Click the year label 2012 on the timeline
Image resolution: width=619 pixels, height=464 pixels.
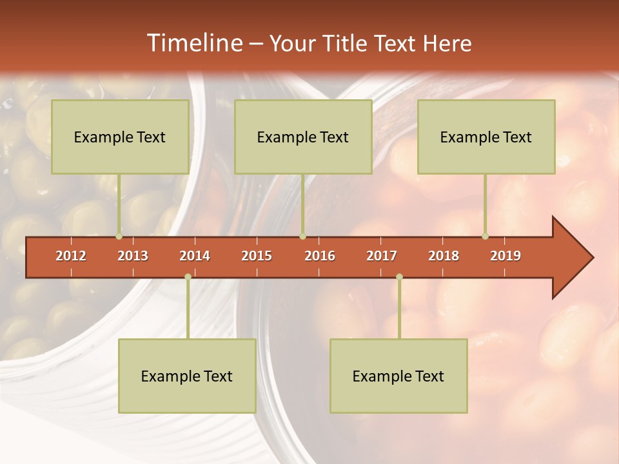coord(71,256)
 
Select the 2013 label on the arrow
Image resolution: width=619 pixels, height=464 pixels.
coord(133,256)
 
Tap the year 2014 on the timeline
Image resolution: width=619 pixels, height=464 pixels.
coord(195,256)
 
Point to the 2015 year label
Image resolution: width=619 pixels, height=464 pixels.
coord(257,256)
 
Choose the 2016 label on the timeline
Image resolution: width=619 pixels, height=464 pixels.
coord(320,256)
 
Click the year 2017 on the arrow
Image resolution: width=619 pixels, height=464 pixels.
coord(382,256)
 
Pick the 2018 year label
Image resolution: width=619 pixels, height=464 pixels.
coord(444,256)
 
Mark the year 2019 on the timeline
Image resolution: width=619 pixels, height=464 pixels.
coord(506,256)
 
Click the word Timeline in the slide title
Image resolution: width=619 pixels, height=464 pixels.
coord(193,43)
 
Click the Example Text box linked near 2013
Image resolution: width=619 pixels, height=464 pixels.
coord(120,137)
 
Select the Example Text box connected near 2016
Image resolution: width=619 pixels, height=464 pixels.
coord(303,137)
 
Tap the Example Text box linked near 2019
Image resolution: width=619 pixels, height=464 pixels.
coord(486,137)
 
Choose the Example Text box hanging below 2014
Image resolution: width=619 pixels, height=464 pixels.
coord(187,376)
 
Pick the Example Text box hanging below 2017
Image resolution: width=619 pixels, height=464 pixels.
coord(398,376)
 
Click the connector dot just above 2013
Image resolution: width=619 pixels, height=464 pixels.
coord(119,237)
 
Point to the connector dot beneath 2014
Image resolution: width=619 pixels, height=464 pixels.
coord(188,277)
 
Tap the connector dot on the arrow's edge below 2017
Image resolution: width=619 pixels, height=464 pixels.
coord(399,277)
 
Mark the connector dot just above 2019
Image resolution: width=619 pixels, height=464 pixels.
coord(485,237)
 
